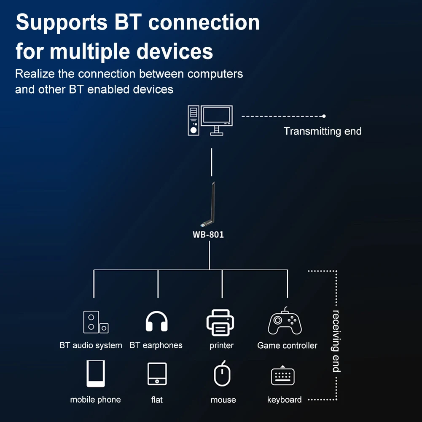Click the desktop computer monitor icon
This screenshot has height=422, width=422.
217,119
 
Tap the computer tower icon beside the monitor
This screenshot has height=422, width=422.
194,120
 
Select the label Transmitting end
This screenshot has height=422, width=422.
323,131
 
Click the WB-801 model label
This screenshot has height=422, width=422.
208,234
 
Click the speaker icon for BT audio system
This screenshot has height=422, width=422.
95,322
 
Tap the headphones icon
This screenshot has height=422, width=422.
157,322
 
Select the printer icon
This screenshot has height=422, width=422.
221,323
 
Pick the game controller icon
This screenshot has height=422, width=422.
285,322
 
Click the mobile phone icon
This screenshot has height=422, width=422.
96,374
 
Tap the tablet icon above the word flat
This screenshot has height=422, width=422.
157,374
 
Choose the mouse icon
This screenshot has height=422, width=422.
222,374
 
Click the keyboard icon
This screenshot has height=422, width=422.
282,376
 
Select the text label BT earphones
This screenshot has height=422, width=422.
156,345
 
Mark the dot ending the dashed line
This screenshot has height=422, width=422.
324,116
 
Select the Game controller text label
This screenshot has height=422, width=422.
287,345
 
